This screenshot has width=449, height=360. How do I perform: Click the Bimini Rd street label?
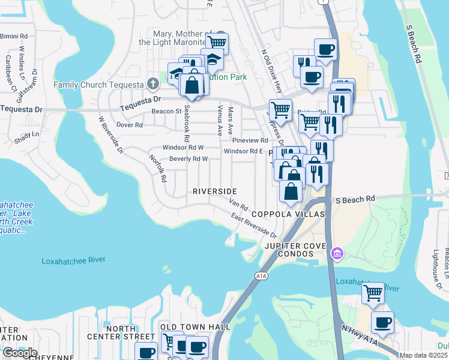click(x=13, y=37)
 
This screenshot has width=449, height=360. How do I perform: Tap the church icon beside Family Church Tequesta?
click(x=153, y=83)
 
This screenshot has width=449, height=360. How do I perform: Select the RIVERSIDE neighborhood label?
click(x=214, y=191)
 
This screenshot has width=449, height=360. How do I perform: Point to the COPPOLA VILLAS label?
click(x=288, y=214)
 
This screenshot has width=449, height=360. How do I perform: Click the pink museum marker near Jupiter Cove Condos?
click(x=337, y=254)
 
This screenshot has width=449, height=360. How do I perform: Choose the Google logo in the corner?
click(x=19, y=352)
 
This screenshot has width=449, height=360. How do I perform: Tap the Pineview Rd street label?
click(x=254, y=140)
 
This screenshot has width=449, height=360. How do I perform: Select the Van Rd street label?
click(x=239, y=204)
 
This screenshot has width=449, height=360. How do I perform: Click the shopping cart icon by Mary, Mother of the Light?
click(x=217, y=43)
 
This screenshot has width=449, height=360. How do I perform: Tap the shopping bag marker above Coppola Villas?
click(x=291, y=192)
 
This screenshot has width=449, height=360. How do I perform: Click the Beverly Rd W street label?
click(x=188, y=159)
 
